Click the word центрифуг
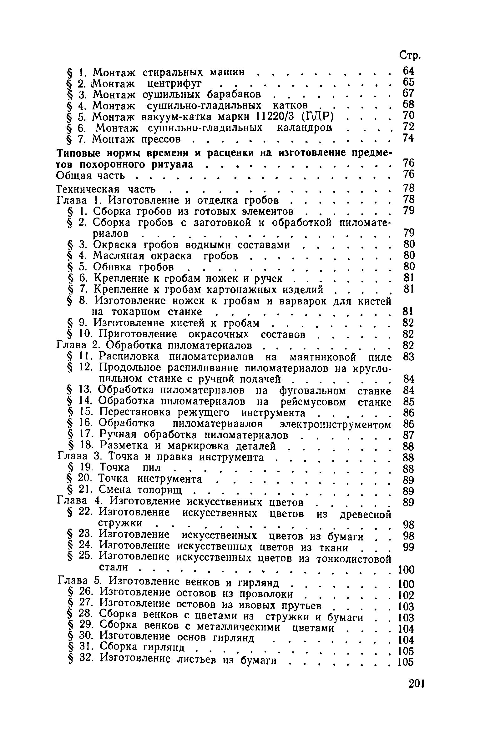[174, 83]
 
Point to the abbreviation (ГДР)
[318, 117]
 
